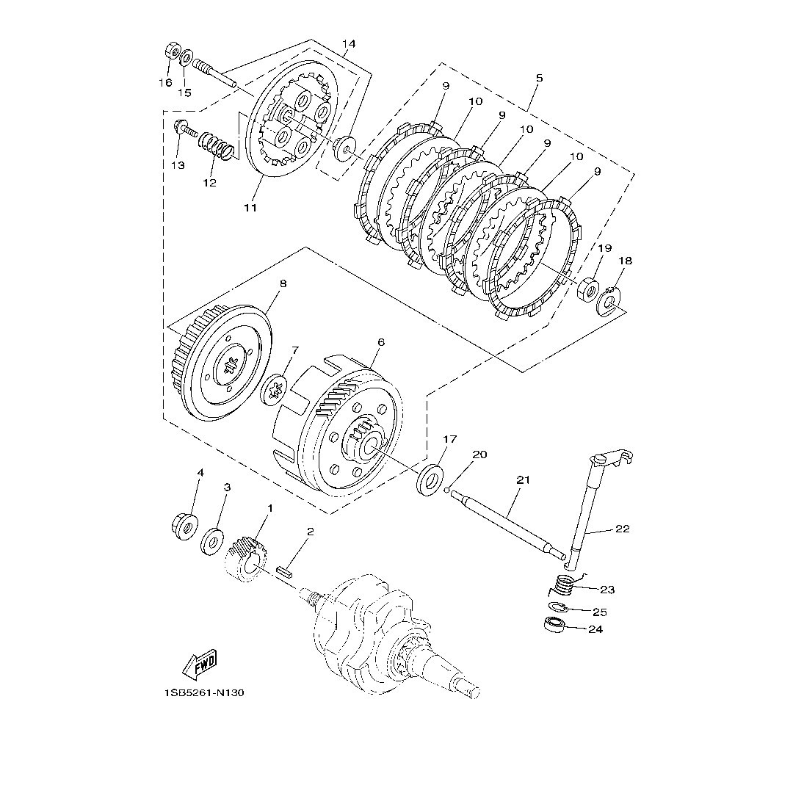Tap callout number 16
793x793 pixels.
[165, 82]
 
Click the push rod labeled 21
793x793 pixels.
[507, 522]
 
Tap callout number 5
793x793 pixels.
[540, 77]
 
